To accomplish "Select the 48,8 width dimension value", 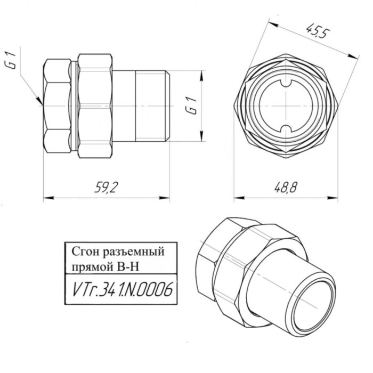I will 286,188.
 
